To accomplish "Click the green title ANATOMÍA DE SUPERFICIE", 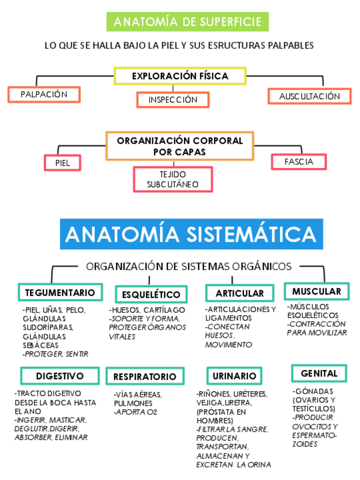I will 187,22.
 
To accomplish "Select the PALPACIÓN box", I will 44,95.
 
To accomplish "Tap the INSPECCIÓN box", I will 173,100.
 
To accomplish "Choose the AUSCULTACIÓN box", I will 309,96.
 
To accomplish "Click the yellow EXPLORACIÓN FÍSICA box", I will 180,76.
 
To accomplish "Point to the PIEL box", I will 62,163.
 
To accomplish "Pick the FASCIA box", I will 299,162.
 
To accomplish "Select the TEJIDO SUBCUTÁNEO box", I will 173,179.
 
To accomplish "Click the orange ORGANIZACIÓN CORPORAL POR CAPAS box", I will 179,146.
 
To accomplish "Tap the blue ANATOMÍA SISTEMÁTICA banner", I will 191,234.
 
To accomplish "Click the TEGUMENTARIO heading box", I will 61,292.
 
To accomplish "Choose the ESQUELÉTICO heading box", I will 151,294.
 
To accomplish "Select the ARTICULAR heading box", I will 240,293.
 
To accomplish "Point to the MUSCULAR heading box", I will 316,292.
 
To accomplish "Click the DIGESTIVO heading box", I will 59,376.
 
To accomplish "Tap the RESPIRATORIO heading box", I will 145,376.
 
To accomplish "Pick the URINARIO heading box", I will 234,376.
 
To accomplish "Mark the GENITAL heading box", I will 319,374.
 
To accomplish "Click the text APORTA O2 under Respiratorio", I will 136,412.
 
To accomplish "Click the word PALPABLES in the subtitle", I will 290,45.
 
